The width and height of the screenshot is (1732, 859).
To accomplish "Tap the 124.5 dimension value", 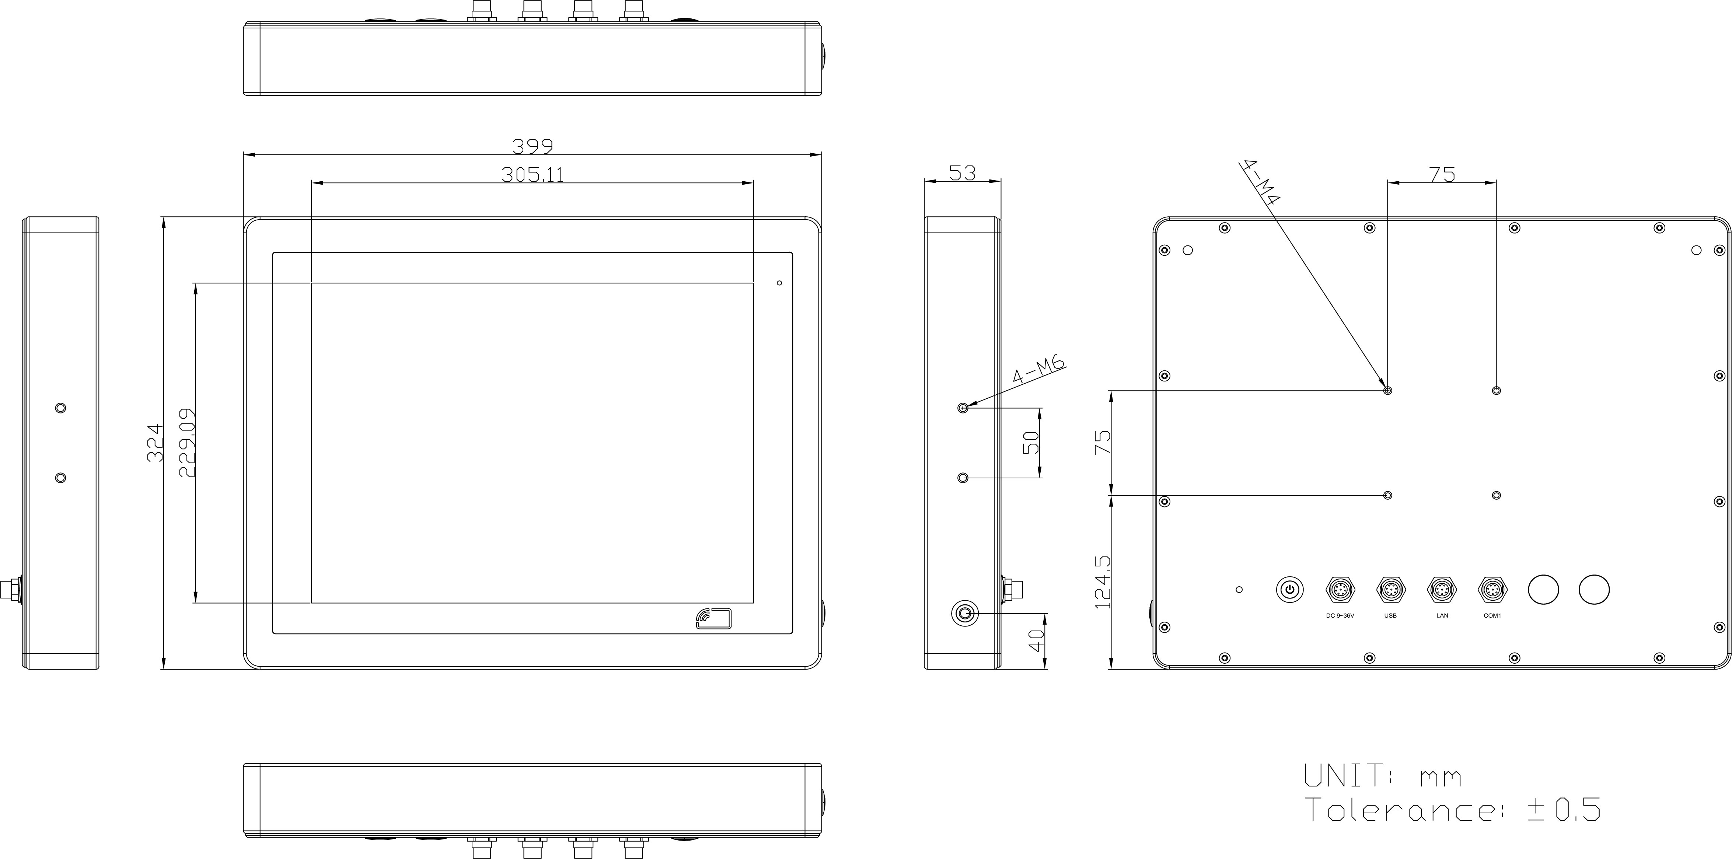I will pos(1103,582).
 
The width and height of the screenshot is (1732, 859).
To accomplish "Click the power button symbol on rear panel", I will pos(1289,590).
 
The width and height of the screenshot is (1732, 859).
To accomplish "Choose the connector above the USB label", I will pos(1390,590).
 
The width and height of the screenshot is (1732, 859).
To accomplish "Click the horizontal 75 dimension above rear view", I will pos(1442,174).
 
